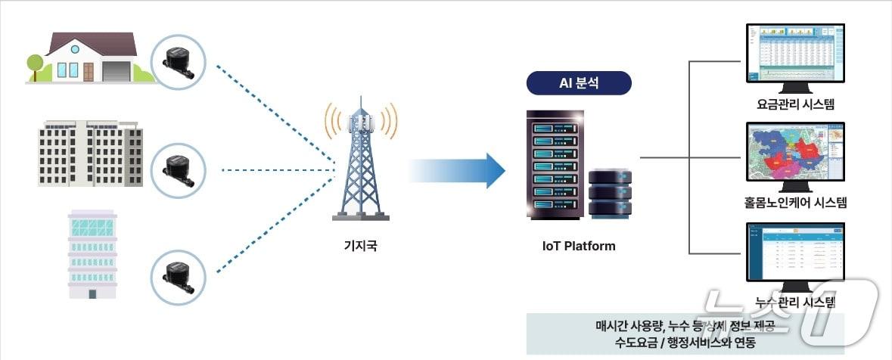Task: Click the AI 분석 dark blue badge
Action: pyautogui.click(x=579, y=83)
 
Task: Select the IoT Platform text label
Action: pyautogui.click(x=579, y=246)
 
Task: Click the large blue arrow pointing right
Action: pyautogui.click(x=458, y=171)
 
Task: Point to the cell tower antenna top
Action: pyautogui.click(x=361, y=102)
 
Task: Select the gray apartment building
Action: pyautogui.click(x=90, y=154)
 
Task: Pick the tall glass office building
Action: pyautogui.click(x=92, y=253)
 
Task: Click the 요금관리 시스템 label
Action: pyautogui.click(x=794, y=104)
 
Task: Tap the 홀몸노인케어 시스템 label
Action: pyautogui.click(x=794, y=202)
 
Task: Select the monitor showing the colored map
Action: pyautogui.click(x=794, y=155)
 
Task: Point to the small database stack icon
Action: pyautogui.click(x=610, y=193)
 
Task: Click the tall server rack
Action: pyautogui.click(x=554, y=164)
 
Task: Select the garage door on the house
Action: pyautogui.click(x=117, y=71)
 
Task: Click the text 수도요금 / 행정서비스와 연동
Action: pyautogui.click(x=685, y=342)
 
